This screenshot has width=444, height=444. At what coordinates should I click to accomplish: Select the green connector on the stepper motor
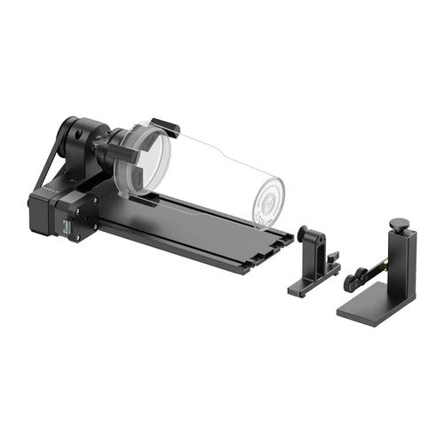(66, 228)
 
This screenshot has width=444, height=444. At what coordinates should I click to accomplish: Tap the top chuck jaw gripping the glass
(164, 127)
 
